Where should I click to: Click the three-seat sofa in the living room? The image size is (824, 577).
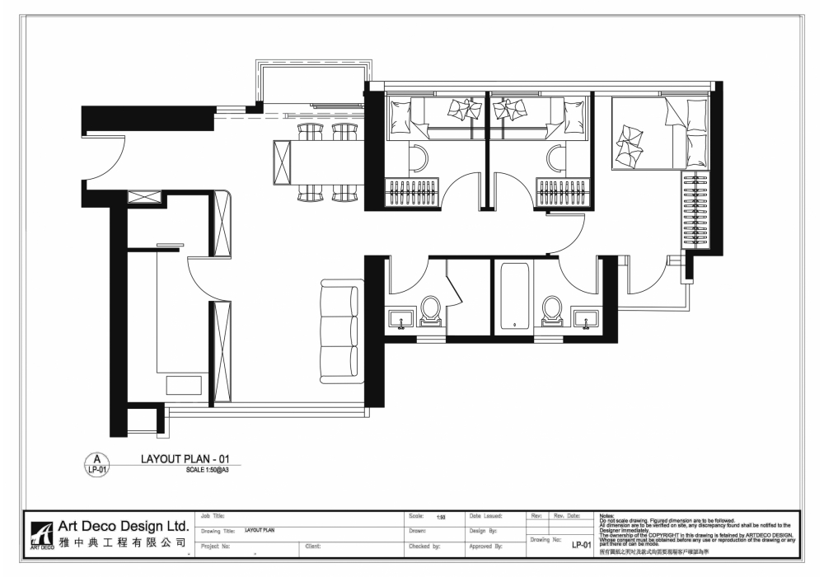pos(340,332)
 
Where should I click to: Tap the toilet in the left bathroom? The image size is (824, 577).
pos(431,312)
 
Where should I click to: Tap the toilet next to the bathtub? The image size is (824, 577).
pos(551,311)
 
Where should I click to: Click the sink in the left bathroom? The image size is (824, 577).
pos(402,319)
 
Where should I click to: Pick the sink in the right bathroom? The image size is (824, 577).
pos(586,319)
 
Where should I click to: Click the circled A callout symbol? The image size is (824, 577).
pos(96,464)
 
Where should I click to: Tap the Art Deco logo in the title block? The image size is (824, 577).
pos(41,535)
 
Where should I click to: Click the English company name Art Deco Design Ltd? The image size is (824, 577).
pos(123,526)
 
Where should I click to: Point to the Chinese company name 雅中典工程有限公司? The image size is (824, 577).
pos(123,544)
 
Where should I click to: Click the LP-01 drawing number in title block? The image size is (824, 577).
pos(582,545)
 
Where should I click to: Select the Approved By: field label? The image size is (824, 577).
pos(485,546)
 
